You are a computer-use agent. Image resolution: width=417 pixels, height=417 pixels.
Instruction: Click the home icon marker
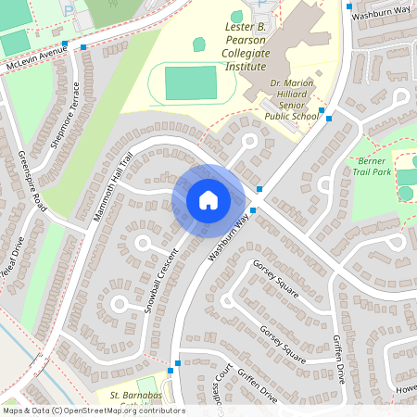click(208, 199)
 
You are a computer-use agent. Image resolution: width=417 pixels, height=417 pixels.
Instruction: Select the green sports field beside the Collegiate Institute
click(190, 83)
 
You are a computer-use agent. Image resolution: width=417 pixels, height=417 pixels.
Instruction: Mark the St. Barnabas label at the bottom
click(137, 396)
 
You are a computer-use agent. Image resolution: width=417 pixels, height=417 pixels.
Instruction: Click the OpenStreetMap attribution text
click(94, 410)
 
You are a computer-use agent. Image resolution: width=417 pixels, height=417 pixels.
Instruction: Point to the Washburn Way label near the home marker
click(228, 237)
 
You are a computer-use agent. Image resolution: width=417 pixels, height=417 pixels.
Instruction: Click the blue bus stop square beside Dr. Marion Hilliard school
click(321, 110)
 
